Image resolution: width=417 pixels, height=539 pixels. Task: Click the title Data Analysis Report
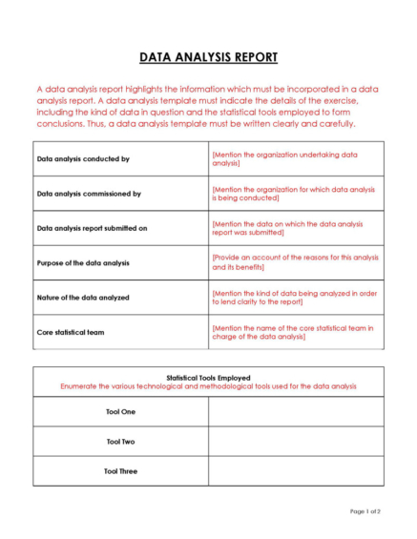tap(208, 57)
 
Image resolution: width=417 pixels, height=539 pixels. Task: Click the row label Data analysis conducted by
tap(82, 159)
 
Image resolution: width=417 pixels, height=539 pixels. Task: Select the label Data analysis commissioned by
tap(89, 194)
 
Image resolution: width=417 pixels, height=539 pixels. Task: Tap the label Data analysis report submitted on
tap(92, 228)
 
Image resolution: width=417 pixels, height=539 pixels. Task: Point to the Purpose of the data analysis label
tap(83, 262)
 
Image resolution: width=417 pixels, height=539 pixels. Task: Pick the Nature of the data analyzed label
tap(82, 298)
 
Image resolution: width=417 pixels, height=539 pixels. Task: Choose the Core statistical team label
tap(71, 332)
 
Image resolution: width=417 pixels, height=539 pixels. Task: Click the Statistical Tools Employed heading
tap(208, 378)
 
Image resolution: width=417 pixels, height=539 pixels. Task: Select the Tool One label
tap(120, 412)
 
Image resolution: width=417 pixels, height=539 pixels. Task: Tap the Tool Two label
tap(120, 442)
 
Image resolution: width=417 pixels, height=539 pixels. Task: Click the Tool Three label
tap(120, 471)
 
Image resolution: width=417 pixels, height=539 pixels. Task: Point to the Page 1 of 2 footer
tap(365, 512)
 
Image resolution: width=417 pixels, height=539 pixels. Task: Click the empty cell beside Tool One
tap(296, 412)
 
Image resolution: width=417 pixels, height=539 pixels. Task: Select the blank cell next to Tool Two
tap(296, 442)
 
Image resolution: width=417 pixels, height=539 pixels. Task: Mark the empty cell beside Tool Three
tap(296, 471)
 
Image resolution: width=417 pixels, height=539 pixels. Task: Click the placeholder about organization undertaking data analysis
tap(285, 159)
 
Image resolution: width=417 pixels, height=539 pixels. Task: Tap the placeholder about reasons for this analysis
tap(294, 262)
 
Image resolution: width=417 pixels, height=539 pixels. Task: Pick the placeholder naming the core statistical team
tap(292, 332)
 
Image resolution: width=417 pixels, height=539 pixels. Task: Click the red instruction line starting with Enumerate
tap(208, 386)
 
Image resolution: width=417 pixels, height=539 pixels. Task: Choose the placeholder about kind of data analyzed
tap(294, 298)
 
